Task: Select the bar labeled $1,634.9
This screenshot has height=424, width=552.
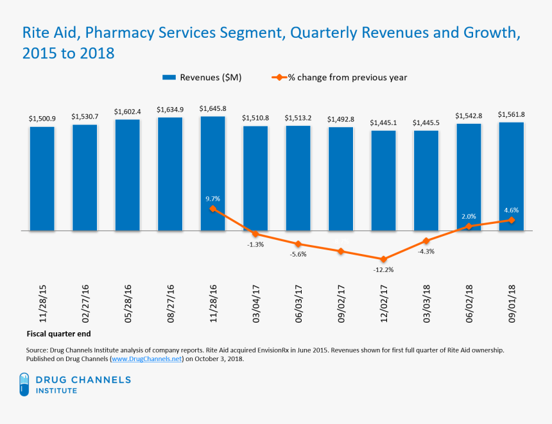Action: coord(170,173)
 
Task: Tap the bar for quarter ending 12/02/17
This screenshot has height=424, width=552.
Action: coord(383,180)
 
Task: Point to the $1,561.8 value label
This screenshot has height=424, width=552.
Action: coord(511,115)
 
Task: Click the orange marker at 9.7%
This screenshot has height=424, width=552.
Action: coord(212,209)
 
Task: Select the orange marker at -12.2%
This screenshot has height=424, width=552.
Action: coord(383,259)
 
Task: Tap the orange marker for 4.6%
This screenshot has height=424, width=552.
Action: coord(511,220)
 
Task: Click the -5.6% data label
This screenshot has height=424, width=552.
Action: coord(298,254)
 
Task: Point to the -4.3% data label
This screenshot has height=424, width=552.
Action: coord(426,251)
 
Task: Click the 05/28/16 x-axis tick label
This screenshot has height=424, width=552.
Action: coord(127,303)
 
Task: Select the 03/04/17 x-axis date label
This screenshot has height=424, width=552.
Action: coord(255,303)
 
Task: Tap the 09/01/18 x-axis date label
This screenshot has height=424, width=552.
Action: coord(511,303)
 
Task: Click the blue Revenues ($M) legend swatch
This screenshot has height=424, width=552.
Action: coord(169,78)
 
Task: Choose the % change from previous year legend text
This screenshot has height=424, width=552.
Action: coord(347,78)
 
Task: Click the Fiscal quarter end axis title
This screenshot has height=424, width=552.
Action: coord(59,334)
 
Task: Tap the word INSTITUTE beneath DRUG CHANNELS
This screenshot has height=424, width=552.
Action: coord(56,391)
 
